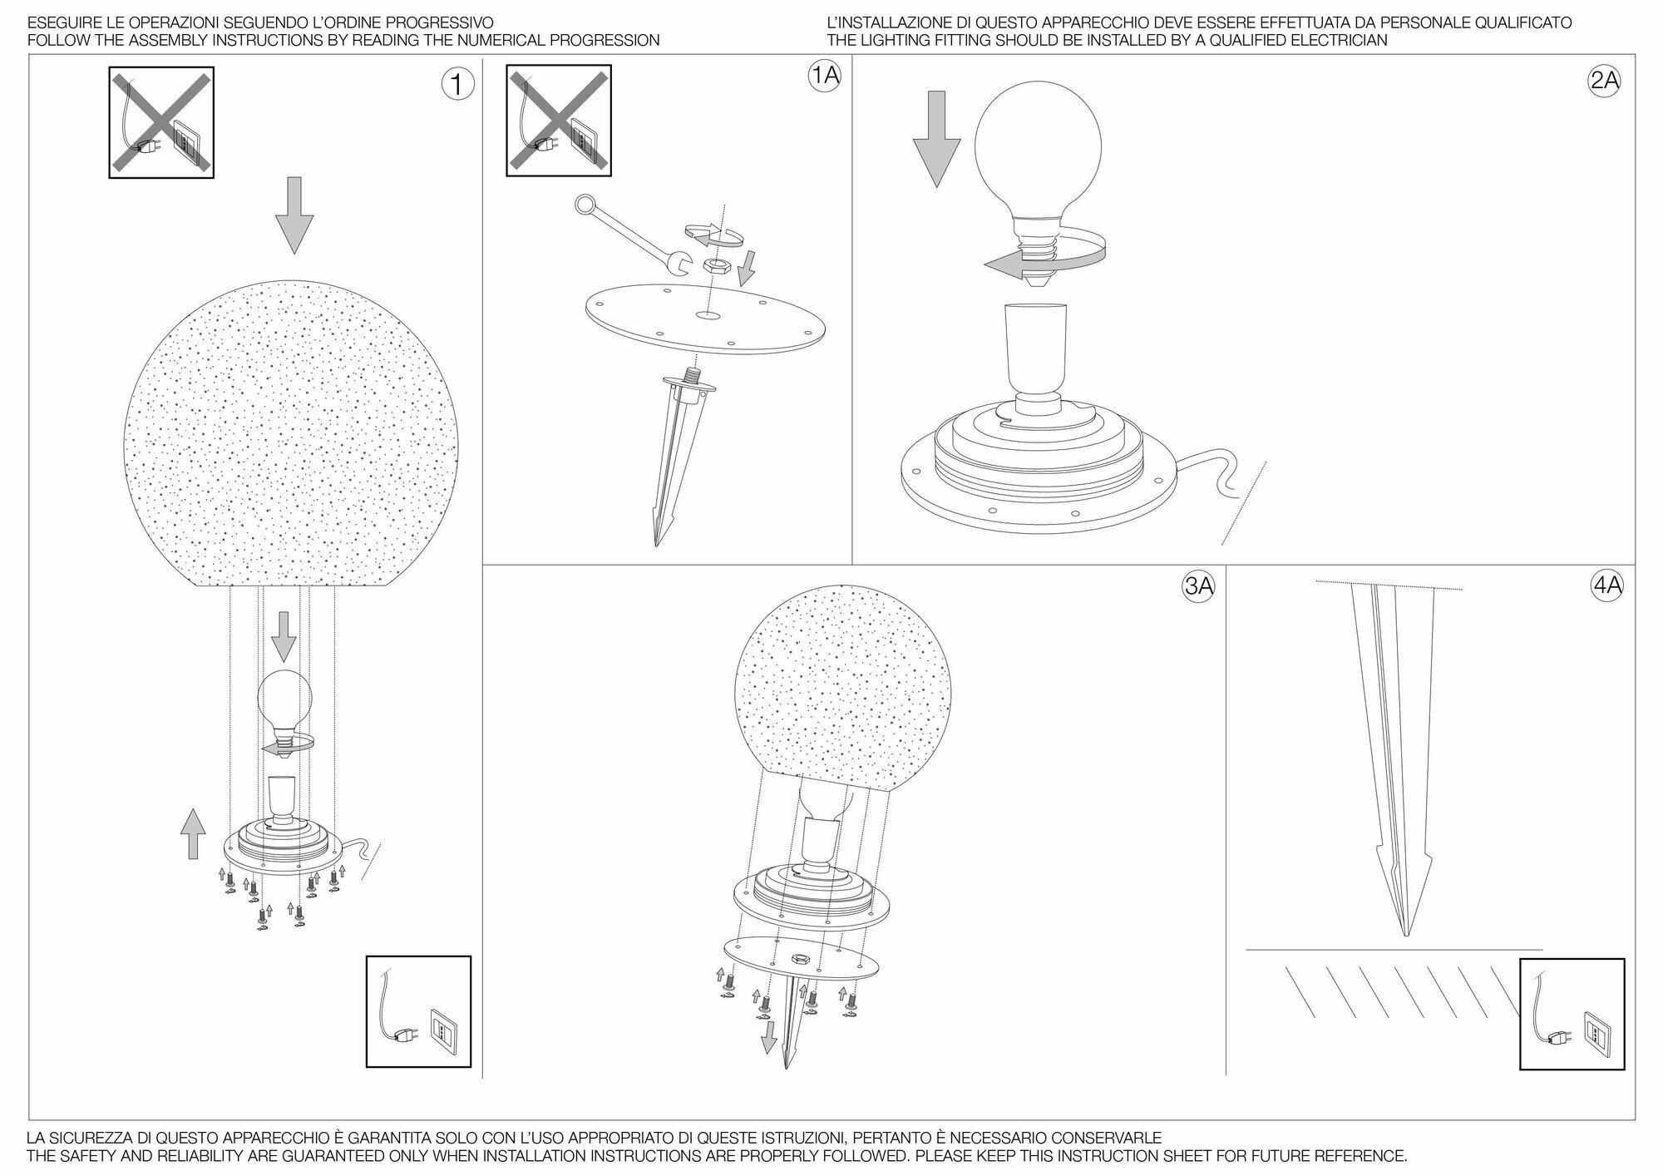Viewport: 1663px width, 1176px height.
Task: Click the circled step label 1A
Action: click(824, 77)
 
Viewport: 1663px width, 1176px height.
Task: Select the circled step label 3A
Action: click(1198, 586)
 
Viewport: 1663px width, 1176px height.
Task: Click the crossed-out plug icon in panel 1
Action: click(161, 122)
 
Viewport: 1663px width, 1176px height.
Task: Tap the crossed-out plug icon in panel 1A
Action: click(559, 121)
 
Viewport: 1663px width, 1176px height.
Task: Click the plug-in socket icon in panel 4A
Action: click(1572, 1014)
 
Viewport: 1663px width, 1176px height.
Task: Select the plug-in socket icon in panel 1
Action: click(418, 1011)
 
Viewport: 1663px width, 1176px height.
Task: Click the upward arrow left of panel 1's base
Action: click(193, 833)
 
